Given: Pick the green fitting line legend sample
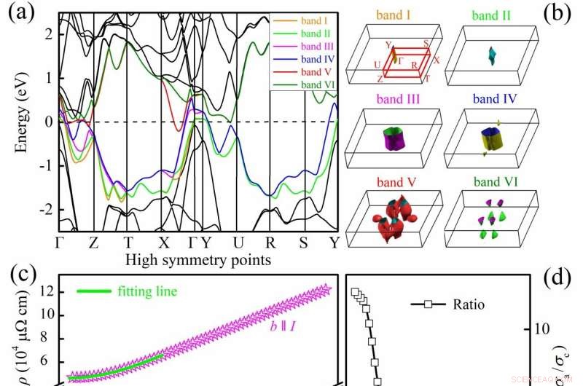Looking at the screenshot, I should click(93, 291).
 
